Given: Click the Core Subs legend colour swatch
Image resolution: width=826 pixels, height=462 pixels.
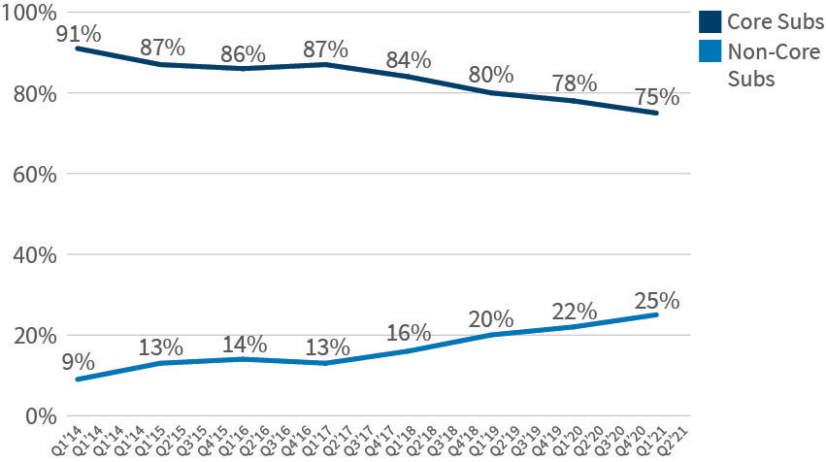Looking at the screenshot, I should click(710, 22).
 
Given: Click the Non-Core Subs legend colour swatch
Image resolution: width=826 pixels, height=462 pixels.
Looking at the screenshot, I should click(710, 54).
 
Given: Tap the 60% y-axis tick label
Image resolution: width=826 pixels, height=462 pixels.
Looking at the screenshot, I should click(32, 175).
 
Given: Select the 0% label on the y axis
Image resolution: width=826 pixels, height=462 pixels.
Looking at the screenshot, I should click(39, 415).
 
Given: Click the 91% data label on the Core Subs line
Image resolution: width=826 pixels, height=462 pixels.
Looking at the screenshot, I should click(77, 35).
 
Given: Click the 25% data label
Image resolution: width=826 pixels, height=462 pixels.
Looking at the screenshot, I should click(657, 301).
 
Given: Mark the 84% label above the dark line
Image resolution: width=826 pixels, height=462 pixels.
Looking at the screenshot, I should click(408, 63).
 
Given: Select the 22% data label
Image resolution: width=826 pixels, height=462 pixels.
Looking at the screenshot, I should click(574, 311).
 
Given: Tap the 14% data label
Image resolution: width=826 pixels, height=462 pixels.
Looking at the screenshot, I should click(243, 345).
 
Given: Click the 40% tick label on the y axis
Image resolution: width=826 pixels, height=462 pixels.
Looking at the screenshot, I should click(32, 255).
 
